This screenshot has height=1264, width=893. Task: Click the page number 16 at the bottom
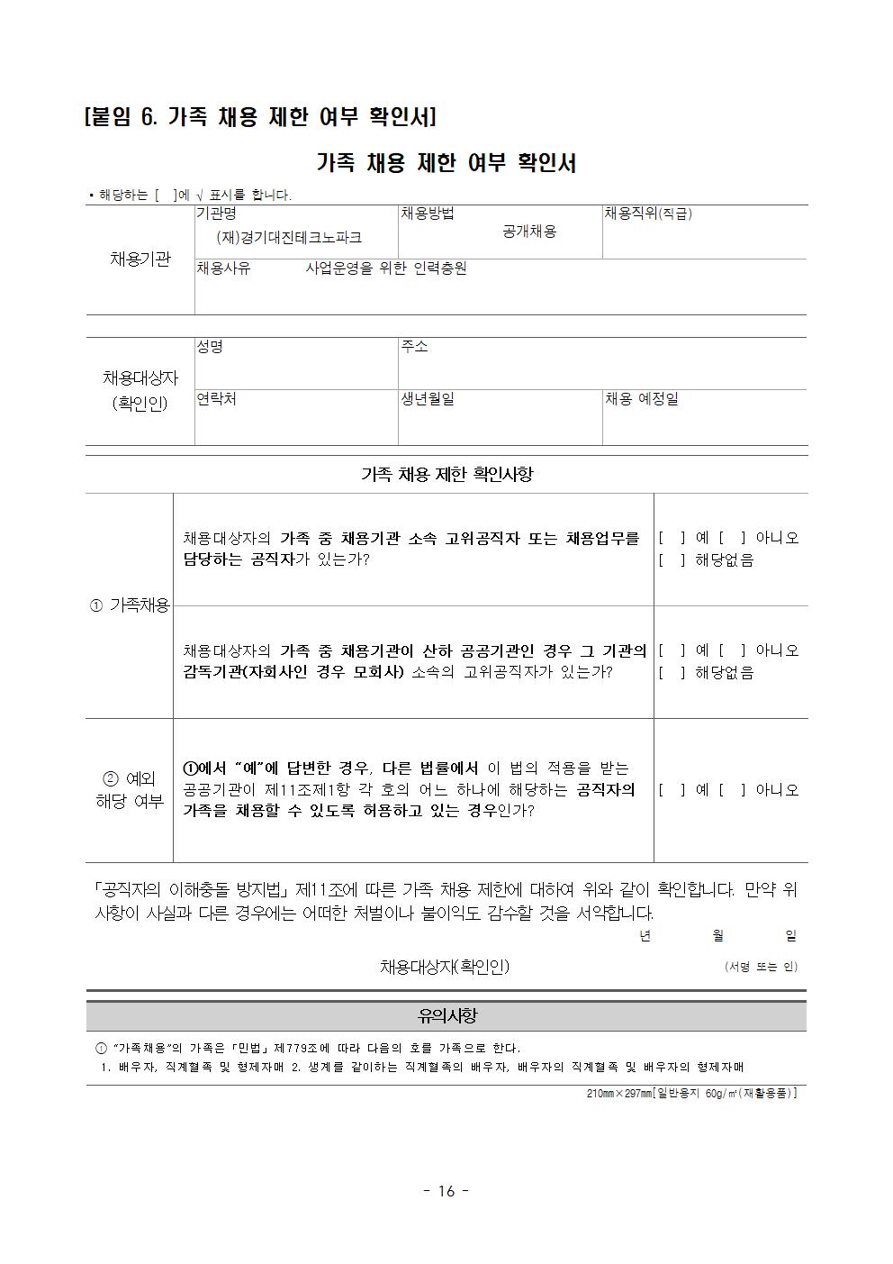(446, 1191)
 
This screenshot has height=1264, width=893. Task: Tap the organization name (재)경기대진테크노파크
(289, 237)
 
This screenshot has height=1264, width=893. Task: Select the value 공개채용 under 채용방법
(529, 232)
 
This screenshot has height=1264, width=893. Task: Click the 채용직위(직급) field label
(647, 214)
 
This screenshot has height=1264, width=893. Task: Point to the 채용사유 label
(223, 268)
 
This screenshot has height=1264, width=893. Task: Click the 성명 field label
(210, 346)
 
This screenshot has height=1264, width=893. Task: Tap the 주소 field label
(414, 346)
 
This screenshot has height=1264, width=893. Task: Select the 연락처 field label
(216, 398)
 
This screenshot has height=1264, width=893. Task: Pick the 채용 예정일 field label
(641, 398)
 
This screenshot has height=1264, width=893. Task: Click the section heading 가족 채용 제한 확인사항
(446, 474)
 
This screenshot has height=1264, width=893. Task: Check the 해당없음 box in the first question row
(672, 560)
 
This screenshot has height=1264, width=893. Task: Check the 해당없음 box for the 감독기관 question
(672, 673)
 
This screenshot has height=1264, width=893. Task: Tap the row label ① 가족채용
(130, 605)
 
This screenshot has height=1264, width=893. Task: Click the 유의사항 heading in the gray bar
(446, 1016)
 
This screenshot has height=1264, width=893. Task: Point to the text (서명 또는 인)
(761, 967)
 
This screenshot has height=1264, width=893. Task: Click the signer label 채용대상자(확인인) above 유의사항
(445, 967)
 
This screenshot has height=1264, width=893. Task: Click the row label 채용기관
(140, 259)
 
